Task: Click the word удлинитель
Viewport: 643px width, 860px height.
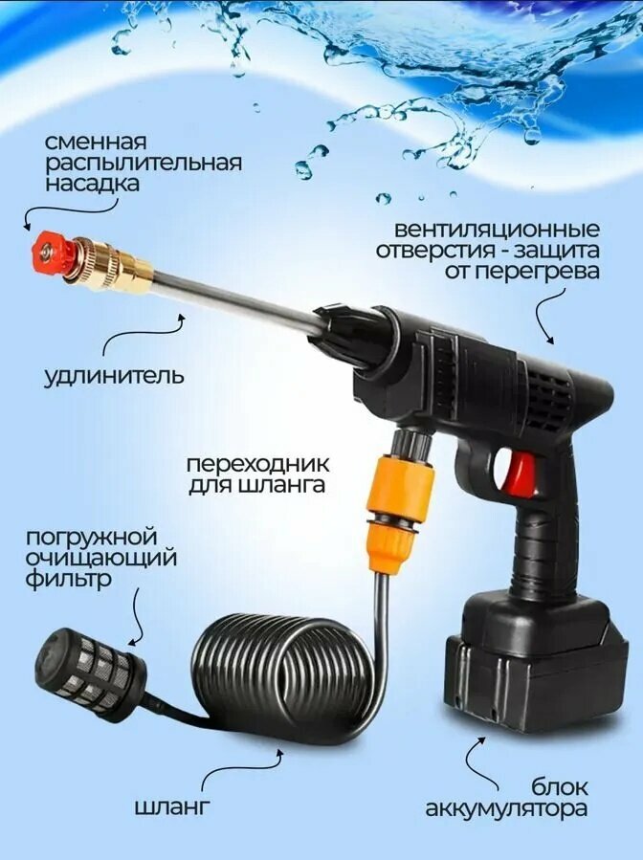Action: tap(114, 377)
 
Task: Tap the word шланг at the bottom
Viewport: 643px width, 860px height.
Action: tap(172, 806)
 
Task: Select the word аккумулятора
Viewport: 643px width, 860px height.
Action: tap(506, 809)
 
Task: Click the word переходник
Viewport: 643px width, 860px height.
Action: tap(257, 464)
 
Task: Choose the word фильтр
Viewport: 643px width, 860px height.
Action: tap(69, 579)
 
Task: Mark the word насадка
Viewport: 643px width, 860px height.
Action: tap(92, 183)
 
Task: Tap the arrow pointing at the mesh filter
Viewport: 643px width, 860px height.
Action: tap(138, 620)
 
